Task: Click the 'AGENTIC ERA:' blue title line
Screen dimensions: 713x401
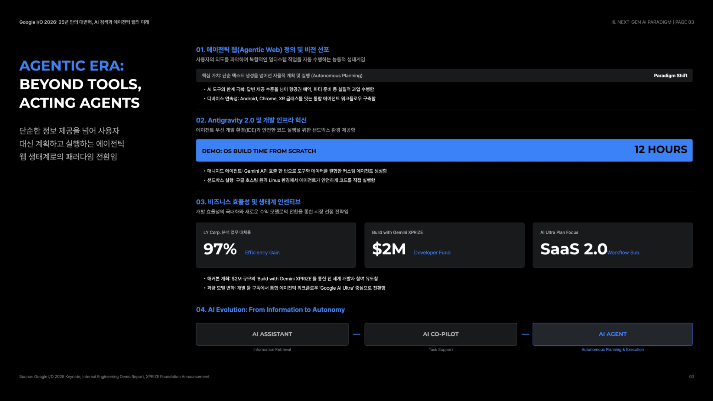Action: click(x=72, y=66)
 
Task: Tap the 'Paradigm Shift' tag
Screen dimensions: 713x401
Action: click(x=670, y=75)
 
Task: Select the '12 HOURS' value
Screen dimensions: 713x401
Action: click(x=661, y=149)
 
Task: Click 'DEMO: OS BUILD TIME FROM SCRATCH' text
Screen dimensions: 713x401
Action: click(x=259, y=151)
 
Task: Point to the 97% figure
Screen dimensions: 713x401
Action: click(x=220, y=249)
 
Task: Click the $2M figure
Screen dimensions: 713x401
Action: click(x=389, y=249)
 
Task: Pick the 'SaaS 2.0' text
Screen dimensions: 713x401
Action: click(x=574, y=249)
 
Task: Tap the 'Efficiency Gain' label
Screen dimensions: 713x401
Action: click(x=262, y=252)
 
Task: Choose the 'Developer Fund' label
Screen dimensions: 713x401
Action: click(x=432, y=252)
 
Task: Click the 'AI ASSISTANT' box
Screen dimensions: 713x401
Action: click(x=272, y=334)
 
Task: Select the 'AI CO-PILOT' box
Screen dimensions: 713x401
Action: click(x=440, y=334)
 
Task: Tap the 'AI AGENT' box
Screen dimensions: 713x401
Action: click(x=613, y=334)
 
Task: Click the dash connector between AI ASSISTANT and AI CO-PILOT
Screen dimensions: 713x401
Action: click(x=356, y=334)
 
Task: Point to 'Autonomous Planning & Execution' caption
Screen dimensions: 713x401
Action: click(x=613, y=349)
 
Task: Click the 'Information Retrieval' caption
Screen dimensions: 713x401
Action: click(x=272, y=349)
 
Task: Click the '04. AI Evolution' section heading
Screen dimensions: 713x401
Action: click(x=270, y=310)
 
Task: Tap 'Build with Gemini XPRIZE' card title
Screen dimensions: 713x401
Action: click(x=397, y=232)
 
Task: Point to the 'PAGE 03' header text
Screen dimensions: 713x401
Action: click(x=684, y=22)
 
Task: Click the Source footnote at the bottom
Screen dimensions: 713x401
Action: click(x=114, y=376)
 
